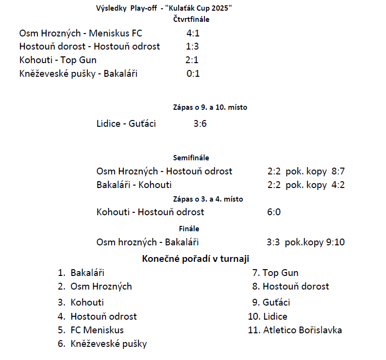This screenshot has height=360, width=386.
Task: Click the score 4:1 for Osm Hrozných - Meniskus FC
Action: (x=193, y=34)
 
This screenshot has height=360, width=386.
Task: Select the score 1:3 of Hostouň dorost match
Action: (x=192, y=47)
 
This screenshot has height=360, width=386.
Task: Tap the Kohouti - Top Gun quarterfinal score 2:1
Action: (x=192, y=60)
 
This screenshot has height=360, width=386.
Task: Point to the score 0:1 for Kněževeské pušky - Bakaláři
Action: (x=193, y=74)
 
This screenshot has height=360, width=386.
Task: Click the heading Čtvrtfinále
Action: (x=191, y=19)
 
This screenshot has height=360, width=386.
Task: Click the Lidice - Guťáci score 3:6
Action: (x=200, y=124)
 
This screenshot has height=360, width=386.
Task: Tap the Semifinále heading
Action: (x=191, y=158)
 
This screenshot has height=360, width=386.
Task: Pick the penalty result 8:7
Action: (x=338, y=171)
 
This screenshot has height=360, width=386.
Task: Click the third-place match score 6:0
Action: (x=274, y=212)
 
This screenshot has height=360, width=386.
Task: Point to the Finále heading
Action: (x=189, y=228)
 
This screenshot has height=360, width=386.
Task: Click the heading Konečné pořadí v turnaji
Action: (x=196, y=259)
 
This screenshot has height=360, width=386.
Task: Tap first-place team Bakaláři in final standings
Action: (x=87, y=273)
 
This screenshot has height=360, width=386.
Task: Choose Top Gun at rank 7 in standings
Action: (x=280, y=273)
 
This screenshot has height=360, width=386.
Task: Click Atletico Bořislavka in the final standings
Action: (x=302, y=330)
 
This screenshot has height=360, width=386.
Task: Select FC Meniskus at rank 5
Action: (x=97, y=330)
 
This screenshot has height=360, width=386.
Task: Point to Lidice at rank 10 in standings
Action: (x=275, y=317)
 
